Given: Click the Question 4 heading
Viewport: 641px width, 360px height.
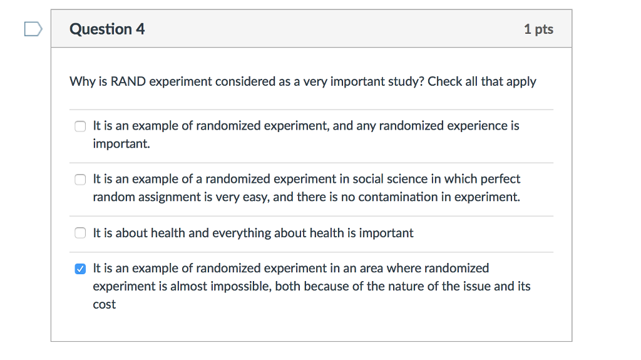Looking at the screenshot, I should point(107,29).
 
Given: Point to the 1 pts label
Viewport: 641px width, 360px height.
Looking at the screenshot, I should point(538,29).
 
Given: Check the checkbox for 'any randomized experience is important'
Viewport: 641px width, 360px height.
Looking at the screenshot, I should point(80,126).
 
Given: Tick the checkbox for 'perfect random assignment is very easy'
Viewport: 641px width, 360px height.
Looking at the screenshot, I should point(80,180).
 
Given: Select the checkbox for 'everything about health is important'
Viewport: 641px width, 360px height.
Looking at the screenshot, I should point(80,234).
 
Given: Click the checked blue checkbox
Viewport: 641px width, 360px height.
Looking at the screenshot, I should point(80,269).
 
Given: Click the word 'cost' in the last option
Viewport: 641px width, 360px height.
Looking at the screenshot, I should point(105,305).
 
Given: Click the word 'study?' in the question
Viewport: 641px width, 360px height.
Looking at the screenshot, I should point(403,81).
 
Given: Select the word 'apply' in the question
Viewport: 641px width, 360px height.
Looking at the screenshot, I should point(521,82).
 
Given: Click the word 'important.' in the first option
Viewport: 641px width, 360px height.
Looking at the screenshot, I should point(121,144).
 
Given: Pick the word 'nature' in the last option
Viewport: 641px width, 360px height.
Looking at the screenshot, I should point(409,287).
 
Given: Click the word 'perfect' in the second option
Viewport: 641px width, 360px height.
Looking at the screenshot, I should point(500,179).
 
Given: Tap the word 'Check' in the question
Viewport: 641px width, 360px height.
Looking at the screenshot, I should point(445,81).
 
